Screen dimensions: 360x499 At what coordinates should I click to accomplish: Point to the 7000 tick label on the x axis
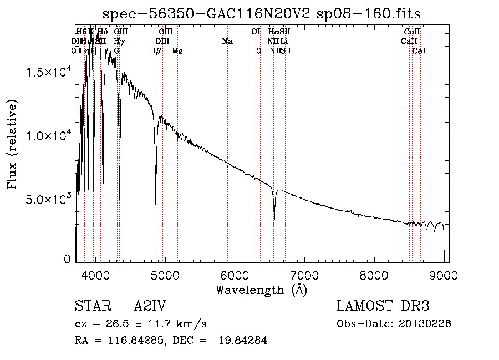pos(304,276)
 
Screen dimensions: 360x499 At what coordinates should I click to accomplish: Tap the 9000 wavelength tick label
pos(444,276)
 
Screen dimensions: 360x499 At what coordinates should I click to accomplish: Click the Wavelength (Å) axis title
pos(261,290)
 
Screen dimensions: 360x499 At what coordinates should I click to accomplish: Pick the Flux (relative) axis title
pos(12,144)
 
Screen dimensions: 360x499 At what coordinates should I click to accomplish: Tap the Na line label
pos(227,42)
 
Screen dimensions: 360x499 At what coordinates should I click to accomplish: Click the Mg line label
pos(177,51)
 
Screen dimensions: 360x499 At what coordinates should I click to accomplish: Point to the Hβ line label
pos(156,51)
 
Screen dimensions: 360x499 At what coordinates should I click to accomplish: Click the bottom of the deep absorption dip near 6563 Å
pos(274,218)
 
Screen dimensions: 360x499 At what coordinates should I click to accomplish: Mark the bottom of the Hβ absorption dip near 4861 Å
pos(156,204)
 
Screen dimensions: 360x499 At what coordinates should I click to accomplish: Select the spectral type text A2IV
pos(150,306)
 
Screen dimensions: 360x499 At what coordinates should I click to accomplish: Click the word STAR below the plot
pos(91,306)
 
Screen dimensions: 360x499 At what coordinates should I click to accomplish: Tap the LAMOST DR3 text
pos(383,306)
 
